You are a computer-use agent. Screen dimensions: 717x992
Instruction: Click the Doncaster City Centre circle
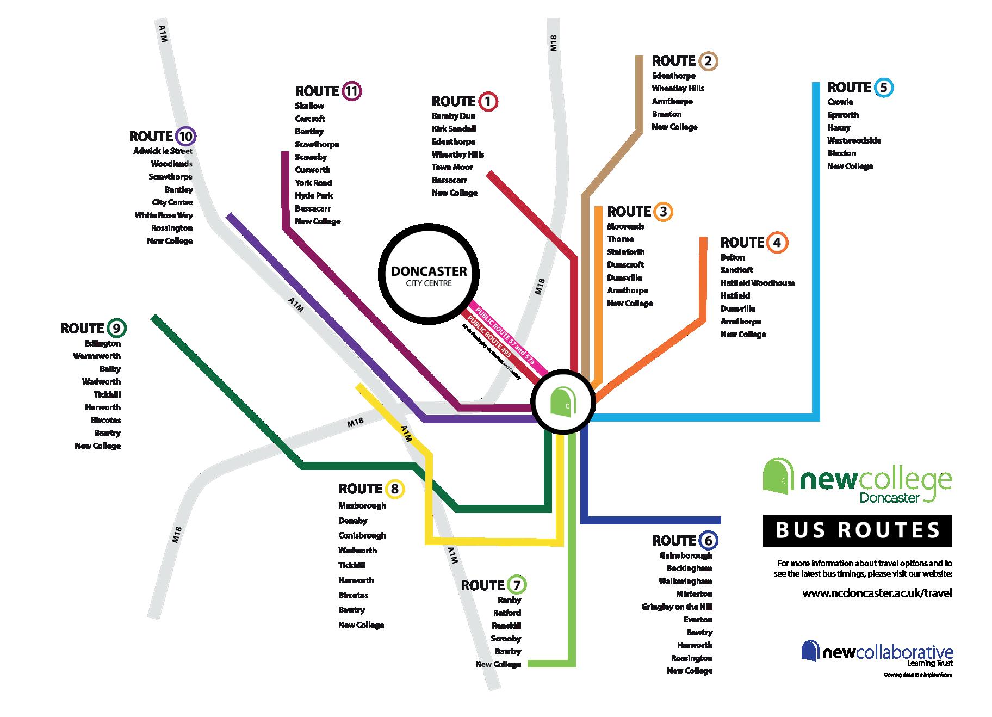point(429,275)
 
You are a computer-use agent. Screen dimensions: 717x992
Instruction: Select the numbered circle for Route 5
point(884,88)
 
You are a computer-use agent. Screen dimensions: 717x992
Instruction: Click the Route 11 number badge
point(352,91)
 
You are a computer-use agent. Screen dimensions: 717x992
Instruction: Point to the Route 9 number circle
point(116,329)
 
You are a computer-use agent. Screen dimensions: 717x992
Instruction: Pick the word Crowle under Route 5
point(840,102)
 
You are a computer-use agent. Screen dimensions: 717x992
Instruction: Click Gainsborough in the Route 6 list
point(686,555)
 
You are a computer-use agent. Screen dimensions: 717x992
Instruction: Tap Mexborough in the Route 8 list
point(362,505)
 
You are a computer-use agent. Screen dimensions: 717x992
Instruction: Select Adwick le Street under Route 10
point(163,151)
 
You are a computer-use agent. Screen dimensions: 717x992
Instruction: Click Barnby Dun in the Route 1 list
point(454,116)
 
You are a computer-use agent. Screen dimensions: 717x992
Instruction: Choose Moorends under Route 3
point(626,226)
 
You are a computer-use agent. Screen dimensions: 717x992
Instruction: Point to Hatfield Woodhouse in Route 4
point(758,283)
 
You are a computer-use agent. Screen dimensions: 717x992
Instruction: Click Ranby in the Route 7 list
point(510,600)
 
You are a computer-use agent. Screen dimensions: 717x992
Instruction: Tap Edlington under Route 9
point(103,343)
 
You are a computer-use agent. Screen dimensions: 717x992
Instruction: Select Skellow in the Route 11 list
point(309,106)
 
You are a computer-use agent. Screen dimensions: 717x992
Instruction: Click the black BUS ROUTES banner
point(857,530)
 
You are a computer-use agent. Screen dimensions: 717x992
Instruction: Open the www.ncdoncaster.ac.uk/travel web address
point(877,594)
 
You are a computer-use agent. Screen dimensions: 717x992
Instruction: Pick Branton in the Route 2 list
point(667,114)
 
